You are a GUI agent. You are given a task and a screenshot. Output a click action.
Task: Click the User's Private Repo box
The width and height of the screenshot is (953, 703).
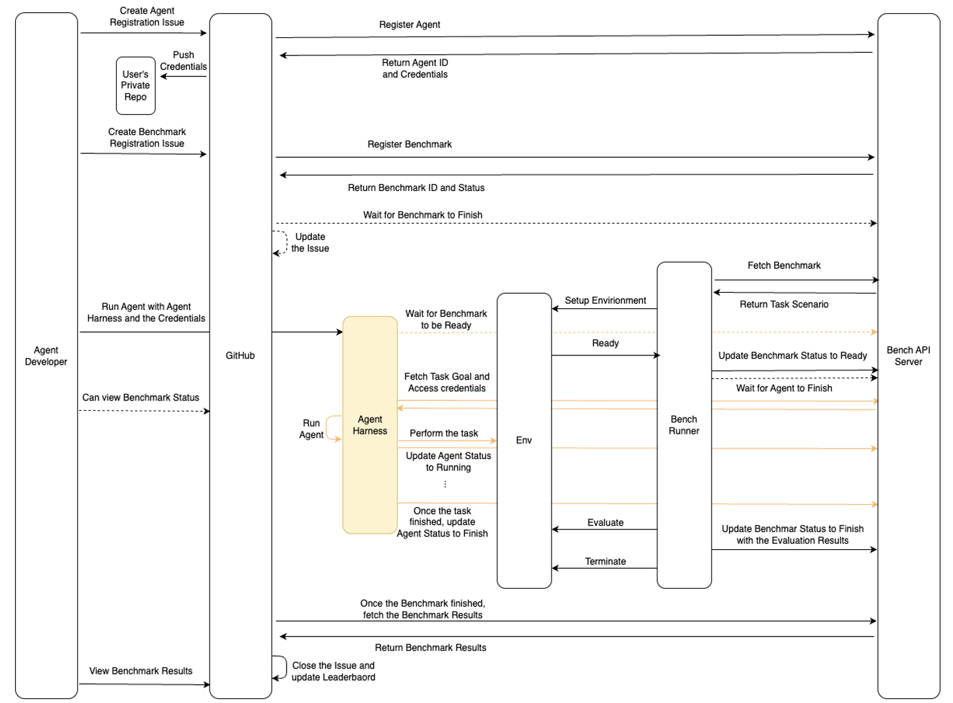136,85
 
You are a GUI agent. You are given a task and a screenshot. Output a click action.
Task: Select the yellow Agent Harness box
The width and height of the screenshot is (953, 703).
370,425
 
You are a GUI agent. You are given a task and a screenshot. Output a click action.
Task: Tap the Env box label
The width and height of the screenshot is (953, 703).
523,440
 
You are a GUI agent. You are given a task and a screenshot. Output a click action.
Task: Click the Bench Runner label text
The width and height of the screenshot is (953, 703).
683,425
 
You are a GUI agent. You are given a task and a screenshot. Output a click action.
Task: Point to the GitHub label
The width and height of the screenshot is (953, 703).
240,355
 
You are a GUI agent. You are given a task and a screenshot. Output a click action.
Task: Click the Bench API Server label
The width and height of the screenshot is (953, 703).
908,355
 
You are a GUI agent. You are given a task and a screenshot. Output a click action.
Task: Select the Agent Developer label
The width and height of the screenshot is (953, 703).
46,355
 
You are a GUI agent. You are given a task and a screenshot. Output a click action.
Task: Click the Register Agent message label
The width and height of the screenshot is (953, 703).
409,25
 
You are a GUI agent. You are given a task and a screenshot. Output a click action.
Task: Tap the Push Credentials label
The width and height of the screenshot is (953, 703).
183,61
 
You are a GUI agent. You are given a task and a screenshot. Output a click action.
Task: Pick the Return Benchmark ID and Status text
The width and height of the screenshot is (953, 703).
416,188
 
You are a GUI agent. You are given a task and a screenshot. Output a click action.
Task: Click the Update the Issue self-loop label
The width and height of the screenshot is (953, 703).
310,243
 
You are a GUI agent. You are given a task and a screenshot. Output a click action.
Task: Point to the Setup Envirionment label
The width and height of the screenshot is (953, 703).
605,300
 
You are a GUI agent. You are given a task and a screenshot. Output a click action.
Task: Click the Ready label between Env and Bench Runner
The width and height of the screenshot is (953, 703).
605,343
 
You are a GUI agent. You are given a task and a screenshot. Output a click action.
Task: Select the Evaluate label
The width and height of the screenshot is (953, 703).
605,522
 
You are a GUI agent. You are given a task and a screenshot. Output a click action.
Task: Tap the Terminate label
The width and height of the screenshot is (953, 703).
605,561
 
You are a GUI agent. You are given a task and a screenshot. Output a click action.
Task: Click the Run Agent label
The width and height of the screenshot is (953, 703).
311,429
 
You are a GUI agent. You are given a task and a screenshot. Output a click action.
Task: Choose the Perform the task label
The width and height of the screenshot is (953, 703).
444,433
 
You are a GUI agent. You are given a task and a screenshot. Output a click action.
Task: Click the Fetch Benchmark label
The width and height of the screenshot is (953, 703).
784,265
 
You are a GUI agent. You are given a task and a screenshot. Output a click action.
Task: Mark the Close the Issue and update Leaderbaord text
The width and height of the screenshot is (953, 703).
333,671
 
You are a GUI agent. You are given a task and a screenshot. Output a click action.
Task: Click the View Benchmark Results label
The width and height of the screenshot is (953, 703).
141,671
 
